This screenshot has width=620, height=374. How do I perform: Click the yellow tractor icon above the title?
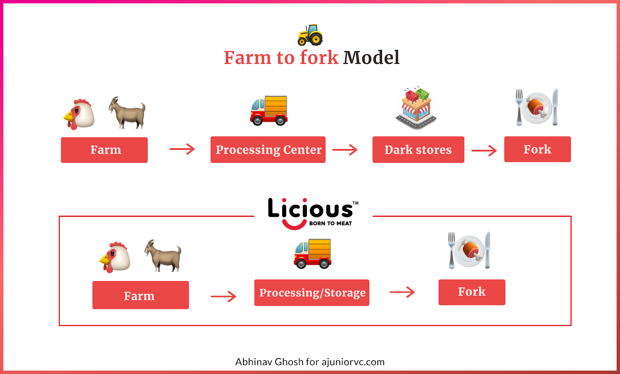pyautogui.click(x=310, y=35)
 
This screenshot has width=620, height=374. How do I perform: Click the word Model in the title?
pyautogui.click(x=371, y=58)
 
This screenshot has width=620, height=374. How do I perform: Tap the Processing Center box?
pyautogui.click(x=268, y=149)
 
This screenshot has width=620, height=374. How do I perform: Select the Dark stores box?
pyautogui.click(x=418, y=149)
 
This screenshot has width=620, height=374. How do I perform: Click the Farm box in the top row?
pyautogui.click(x=104, y=150)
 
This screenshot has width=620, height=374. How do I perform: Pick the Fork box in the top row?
pyautogui.click(x=537, y=149)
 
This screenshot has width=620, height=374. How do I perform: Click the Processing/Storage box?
pyautogui.click(x=312, y=293)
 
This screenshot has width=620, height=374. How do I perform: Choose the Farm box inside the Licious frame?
pyautogui.click(x=140, y=295)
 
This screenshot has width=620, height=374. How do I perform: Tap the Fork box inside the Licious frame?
pyautogui.click(x=472, y=292)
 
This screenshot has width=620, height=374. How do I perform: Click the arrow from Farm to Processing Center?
pyautogui.click(x=182, y=149)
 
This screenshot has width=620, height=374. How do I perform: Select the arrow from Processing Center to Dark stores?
pyautogui.click(x=344, y=149)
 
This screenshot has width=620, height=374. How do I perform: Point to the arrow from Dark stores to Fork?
pyautogui.click(x=484, y=150)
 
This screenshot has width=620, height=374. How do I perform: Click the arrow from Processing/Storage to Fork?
pyautogui.click(x=402, y=292)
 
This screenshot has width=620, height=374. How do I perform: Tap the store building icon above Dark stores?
pyautogui.click(x=416, y=108)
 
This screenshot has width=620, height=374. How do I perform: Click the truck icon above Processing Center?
pyautogui.click(x=269, y=110)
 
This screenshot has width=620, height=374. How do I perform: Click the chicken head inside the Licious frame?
pyautogui.click(x=115, y=257)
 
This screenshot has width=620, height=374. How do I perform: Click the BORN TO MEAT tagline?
pyautogui.click(x=330, y=223)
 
